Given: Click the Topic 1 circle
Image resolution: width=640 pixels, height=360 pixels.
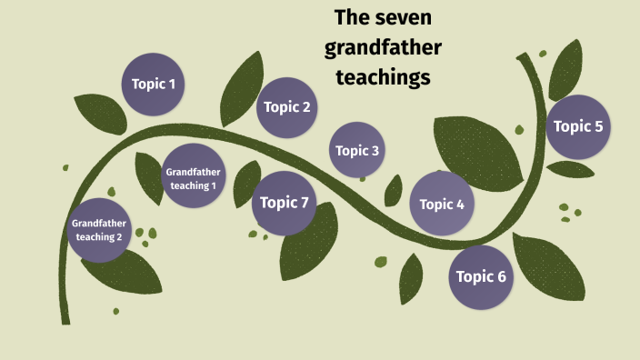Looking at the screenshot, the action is [154, 85].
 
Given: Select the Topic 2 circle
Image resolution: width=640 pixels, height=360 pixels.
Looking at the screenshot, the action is [287, 107].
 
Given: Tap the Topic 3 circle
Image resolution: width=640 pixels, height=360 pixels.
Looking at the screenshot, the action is [357, 150].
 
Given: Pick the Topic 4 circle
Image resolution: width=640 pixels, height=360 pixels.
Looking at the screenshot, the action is [443, 204].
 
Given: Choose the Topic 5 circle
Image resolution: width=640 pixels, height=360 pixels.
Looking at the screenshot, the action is [578, 126].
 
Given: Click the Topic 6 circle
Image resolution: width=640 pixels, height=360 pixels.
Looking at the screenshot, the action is [481, 276].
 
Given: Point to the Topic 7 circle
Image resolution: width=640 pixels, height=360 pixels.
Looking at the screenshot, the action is [285, 203].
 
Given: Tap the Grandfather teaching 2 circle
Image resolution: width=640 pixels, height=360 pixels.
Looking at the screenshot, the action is [99, 230].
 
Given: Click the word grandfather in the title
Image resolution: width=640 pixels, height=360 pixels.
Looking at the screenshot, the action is [383, 47].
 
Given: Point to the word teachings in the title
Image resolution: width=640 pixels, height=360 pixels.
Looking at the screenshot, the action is [382, 77].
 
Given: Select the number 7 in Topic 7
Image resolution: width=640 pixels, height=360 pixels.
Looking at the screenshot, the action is [305, 203].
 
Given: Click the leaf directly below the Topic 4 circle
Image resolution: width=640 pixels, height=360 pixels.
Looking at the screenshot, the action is [411, 276].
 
